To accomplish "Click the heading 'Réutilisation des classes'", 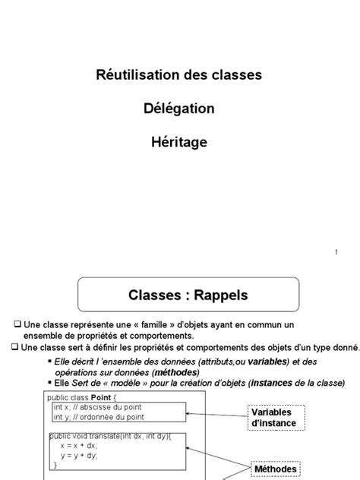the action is pos(178,75).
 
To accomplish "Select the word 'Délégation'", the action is pos(178,109).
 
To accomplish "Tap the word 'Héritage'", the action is pos(178,141).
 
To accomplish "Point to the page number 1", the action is pos(336,253).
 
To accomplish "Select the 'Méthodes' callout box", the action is pos(270,469).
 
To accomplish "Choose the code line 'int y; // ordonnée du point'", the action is pos(97,416).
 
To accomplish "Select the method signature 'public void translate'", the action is pos(84,437).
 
